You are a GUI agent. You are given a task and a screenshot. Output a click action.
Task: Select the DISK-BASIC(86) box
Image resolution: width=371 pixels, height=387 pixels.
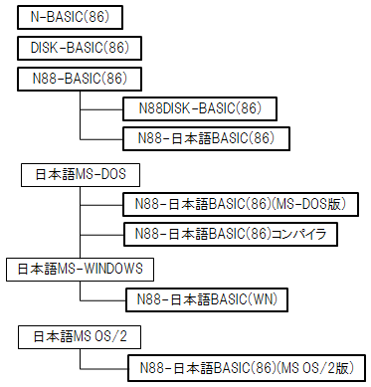[80, 48]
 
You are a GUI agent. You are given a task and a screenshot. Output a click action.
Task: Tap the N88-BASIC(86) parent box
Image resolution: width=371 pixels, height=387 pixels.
[80, 78]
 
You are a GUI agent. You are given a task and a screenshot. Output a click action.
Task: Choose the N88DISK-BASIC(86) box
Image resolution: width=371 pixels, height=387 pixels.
[199, 107]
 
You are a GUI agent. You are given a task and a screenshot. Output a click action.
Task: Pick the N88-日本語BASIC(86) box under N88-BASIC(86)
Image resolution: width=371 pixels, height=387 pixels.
[206, 137]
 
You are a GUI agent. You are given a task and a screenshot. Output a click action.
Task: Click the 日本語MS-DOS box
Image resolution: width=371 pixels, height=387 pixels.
[80, 176]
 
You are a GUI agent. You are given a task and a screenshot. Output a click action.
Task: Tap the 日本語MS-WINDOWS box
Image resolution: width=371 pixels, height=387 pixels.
[80, 269]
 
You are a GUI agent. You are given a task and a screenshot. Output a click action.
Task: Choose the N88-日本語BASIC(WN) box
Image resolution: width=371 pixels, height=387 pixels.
[206, 297]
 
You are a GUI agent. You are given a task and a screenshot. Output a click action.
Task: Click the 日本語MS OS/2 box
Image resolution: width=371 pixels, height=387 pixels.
[80, 337]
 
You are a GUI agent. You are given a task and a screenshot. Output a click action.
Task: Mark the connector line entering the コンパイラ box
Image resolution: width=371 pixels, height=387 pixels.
[100, 235]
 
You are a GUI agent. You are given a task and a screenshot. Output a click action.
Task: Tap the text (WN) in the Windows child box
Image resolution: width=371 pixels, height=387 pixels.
[260, 297]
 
